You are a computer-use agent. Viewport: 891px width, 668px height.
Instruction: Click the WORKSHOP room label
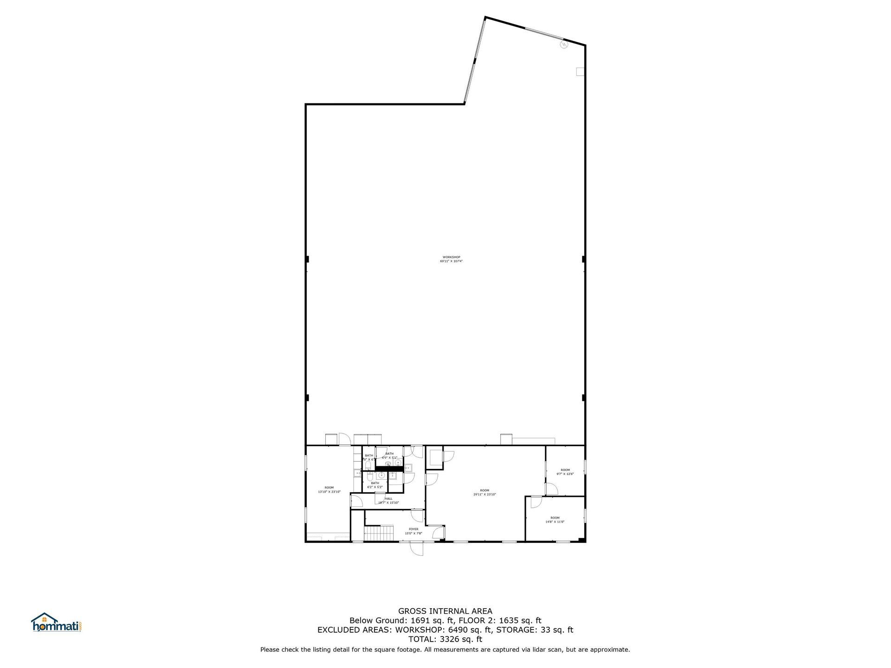(x=451, y=257)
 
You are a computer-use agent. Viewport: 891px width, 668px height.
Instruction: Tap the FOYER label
(x=413, y=529)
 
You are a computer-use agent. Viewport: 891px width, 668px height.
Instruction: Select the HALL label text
(x=388, y=499)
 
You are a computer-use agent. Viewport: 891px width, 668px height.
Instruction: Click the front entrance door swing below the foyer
(x=416, y=549)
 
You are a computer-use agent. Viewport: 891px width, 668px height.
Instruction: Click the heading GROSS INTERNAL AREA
(x=445, y=611)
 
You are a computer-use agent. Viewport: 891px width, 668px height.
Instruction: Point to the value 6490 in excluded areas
(x=457, y=629)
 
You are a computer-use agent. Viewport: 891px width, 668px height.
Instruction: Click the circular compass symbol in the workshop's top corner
(x=564, y=45)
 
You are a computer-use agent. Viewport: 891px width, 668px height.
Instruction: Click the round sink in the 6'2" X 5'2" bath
(x=381, y=475)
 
